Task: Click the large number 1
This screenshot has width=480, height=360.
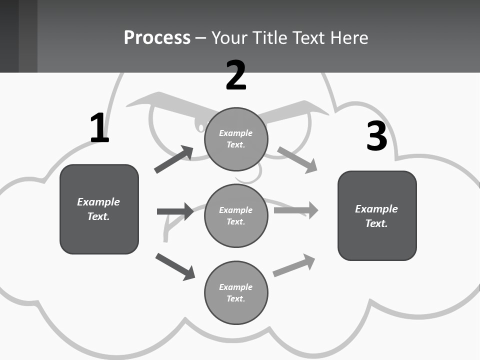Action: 99,128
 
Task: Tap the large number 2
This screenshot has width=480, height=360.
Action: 236,75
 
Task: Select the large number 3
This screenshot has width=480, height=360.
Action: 376,136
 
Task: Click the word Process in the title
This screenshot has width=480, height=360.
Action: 157,37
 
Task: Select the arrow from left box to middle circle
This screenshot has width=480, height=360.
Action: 175,211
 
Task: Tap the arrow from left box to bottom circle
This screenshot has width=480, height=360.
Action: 175,266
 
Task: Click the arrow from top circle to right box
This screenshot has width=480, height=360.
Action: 297,159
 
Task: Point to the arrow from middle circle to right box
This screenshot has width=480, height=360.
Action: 296,210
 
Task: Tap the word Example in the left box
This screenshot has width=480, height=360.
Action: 98,202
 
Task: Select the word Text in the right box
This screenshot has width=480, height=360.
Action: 376,223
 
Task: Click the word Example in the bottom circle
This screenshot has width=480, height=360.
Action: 235,287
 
